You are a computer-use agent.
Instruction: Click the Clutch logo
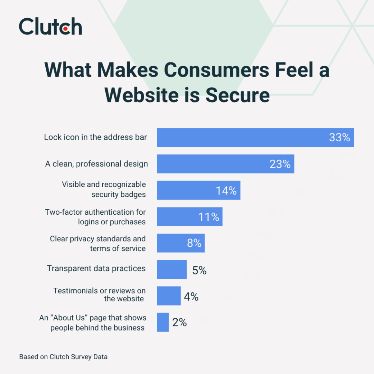point(50,26)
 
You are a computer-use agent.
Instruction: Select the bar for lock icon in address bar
point(241,137)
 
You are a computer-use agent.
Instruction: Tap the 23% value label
point(280,164)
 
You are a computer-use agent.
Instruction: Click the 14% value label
point(226,191)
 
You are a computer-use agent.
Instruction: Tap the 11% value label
point(209,217)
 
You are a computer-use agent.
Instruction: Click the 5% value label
point(199,270)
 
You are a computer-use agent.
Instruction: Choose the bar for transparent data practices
point(172,269)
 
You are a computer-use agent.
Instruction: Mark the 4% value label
point(191,297)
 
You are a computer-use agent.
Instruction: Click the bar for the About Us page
point(163,322)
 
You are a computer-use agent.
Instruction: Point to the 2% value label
point(179,323)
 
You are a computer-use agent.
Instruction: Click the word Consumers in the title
point(215,70)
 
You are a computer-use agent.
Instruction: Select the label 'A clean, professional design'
point(96,164)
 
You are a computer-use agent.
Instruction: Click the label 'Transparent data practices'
point(96,268)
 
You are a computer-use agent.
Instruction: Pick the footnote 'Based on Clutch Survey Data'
point(63,357)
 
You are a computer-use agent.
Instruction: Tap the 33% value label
point(339,137)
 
